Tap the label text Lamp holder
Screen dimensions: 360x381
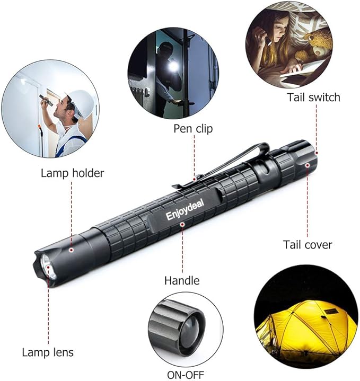[x=72, y=173]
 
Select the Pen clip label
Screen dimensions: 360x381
[x=193, y=129]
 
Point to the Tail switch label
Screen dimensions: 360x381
[x=313, y=97]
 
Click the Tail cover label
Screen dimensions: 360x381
[x=308, y=244]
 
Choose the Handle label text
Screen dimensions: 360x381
[x=182, y=281]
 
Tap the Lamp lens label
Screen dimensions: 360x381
[x=48, y=352]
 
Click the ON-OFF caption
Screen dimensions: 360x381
[x=186, y=375]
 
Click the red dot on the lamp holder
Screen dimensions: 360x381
[x=71, y=250]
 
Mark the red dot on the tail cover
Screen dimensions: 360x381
[x=308, y=165]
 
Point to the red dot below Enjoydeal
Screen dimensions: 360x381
[x=182, y=224]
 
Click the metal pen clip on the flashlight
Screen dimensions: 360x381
[x=220, y=165]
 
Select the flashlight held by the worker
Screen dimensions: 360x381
[x=46, y=100]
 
